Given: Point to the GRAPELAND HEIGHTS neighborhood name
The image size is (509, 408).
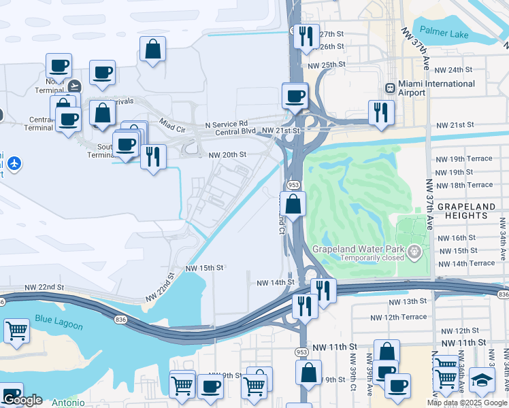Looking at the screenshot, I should pos(472,210).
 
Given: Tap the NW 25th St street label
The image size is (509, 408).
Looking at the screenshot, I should pos(327,65).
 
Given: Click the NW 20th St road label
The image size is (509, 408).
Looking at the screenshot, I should pos(227,155).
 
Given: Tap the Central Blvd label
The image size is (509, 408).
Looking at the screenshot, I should pos(235,132).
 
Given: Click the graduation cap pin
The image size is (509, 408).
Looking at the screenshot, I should pos(482,380).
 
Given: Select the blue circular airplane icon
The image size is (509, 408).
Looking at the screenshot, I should pos(15,163).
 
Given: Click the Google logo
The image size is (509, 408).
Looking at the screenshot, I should pos(22,401).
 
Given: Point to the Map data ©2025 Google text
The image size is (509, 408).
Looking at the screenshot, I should pos(466,403).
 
